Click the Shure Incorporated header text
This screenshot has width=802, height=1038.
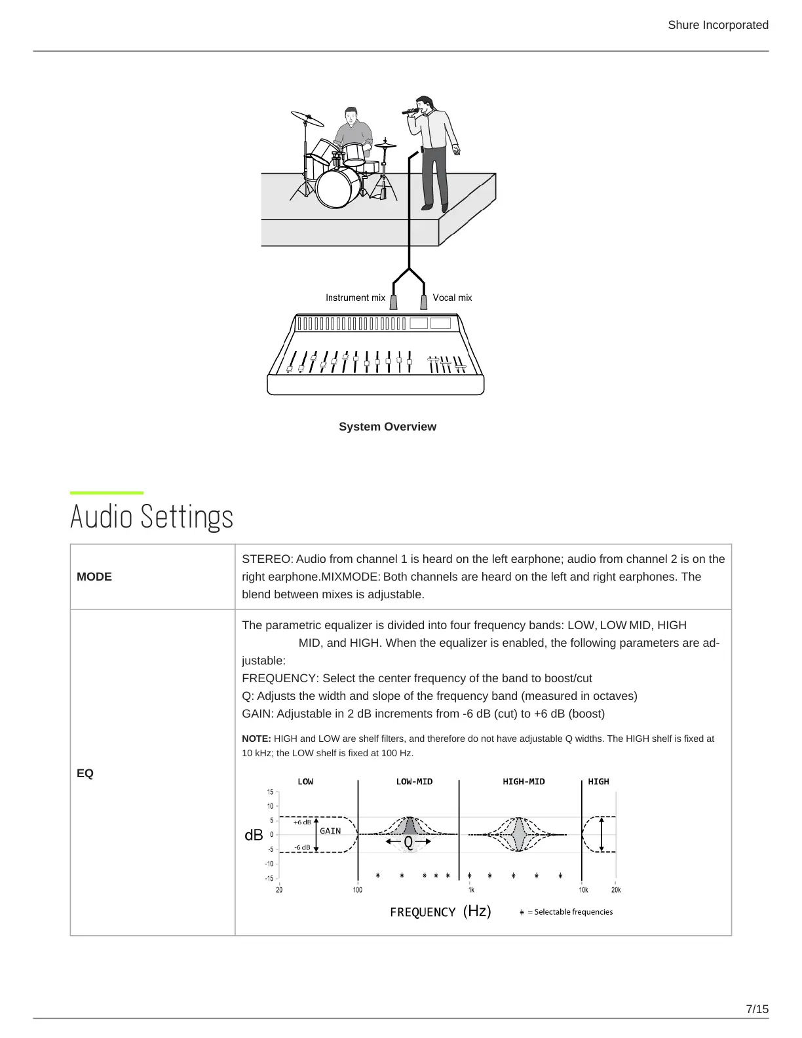[717, 25]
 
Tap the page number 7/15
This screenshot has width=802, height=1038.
[757, 1009]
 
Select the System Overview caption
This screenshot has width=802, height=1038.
[387, 427]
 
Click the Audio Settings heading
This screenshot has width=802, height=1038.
[151, 516]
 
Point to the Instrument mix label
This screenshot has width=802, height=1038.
[355, 298]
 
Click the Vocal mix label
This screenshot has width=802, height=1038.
[452, 298]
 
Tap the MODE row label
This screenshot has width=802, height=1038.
[94, 577]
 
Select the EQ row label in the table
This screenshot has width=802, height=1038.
[85, 773]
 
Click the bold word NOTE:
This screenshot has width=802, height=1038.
[256, 739]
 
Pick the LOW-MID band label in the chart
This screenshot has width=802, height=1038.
[414, 782]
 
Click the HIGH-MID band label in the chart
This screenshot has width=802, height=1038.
[524, 782]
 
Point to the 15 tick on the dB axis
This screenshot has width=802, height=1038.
[270, 792]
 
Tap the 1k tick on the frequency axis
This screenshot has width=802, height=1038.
[471, 890]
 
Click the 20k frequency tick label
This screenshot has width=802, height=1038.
[616, 890]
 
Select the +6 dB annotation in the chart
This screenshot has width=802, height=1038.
[302, 822]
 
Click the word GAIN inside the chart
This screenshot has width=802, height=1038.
[330, 831]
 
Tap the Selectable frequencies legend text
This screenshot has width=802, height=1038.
[573, 912]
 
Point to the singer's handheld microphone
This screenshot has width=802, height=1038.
[411, 111]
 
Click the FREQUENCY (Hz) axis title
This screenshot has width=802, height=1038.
[440, 912]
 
